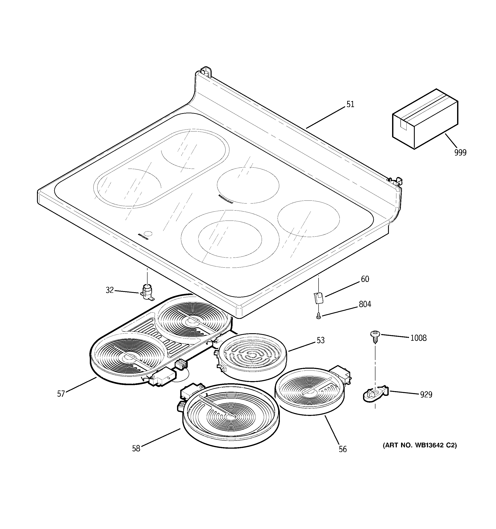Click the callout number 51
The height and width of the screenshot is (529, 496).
[350, 104]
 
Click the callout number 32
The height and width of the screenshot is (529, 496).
[110, 290]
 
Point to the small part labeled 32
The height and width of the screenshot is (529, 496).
[146, 292]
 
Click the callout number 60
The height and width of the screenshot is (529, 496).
[365, 279]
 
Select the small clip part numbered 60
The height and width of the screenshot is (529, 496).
[318, 298]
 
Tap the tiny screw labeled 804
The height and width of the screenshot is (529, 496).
[318, 316]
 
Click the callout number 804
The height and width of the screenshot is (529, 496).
[365, 304]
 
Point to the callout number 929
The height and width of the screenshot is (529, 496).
[426, 394]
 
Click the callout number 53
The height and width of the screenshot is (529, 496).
[320, 340]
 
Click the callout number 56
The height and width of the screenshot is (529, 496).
[343, 449]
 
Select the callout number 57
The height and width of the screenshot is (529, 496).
[61, 393]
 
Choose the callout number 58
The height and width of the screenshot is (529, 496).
[136, 448]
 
